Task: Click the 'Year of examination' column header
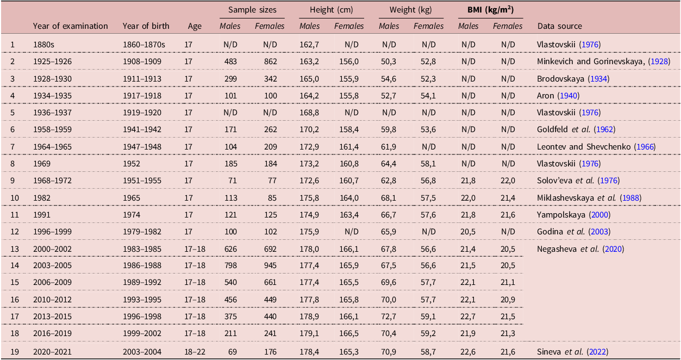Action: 71,26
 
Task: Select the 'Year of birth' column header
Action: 146,26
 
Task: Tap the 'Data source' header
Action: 560,26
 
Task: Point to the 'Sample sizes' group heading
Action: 252,10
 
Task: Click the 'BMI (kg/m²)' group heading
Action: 490,10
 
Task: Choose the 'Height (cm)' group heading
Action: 332,10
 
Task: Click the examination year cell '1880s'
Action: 43,45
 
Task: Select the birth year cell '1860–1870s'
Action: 144,45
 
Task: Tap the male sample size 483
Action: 230,61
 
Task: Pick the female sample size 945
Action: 270,265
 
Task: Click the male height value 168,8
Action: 309,113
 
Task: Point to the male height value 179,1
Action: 309,333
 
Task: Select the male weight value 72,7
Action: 389,316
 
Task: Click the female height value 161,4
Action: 349,147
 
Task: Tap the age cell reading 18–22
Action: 195,352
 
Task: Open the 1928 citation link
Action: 659,61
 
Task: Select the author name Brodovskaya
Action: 560,79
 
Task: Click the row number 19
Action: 15,352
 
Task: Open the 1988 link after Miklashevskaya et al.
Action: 630,198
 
